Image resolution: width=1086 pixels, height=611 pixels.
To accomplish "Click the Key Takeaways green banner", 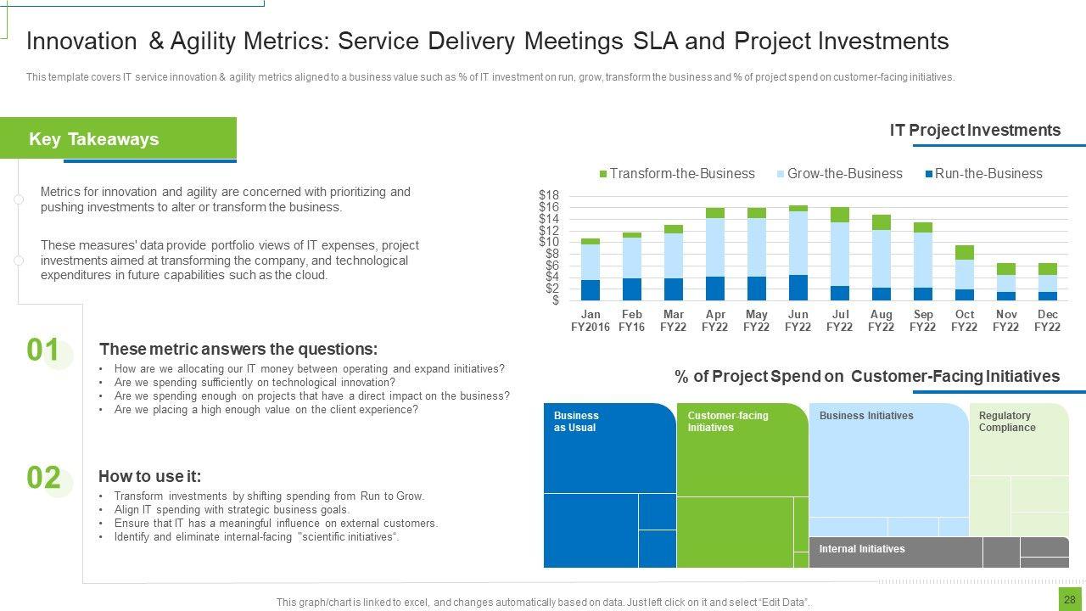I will (x=118, y=138).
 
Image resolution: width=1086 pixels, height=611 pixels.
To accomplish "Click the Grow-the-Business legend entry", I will (x=839, y=173).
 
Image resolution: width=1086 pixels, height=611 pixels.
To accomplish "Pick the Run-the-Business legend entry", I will (x=983, y=173).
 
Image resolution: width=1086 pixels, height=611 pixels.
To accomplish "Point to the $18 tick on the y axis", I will (x=549, y=195).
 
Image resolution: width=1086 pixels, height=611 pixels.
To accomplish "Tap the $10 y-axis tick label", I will (x=549, y=242).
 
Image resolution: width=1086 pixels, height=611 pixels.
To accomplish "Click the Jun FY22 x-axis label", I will (x=798, y=320).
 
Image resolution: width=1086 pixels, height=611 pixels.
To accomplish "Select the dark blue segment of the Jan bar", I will (x=591, y=289).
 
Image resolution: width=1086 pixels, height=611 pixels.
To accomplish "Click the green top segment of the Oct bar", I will (x=965, y=252).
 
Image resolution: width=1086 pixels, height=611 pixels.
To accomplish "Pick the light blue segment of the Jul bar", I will (x=840, y=254).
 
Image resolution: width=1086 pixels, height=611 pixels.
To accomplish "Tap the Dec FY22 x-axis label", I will (x=1048, y=320).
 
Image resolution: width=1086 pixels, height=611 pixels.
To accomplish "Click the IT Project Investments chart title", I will (x=975, y=130).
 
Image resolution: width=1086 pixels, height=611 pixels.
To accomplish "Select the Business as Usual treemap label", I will (x=576, y=422).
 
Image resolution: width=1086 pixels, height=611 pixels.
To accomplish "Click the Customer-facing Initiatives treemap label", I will (x=727, y=422).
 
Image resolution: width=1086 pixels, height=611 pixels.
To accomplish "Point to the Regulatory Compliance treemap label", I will (x=1007, y=422).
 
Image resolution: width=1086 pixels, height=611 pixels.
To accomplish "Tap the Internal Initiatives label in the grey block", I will (x=861, y=549).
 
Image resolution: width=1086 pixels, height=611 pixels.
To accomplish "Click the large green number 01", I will (x=43, y=350).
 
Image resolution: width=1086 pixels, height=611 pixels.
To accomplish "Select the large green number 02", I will (x=43, y=478).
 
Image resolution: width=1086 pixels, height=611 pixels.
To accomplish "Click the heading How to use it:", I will (x=149, y=476).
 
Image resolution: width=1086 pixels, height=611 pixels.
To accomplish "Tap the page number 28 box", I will (x=1069, y=599).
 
